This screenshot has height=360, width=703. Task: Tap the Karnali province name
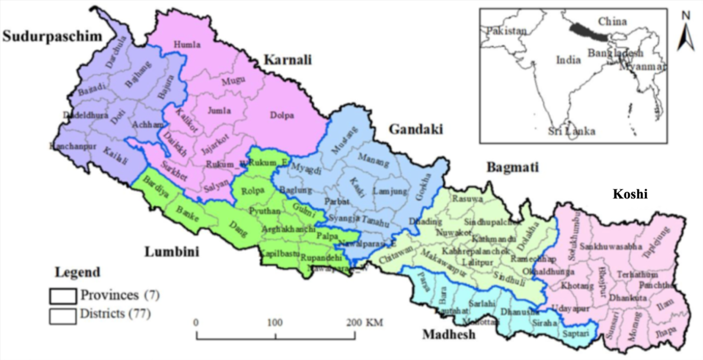click(x=287, y=61)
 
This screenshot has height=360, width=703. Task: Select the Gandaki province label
click(x=416, y=129)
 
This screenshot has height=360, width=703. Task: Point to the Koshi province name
click(x=630, y=194)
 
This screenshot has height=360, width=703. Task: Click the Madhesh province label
click(x=448, y=334)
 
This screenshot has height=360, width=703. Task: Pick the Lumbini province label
click(x=171, y=252)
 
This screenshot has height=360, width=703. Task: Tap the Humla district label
click(x=187, y=45)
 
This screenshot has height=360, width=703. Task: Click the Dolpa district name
click(x=282, y=116)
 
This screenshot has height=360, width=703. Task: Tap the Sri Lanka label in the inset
click(x=571, y=131)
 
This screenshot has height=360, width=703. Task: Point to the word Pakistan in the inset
click(x=506, y=31)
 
